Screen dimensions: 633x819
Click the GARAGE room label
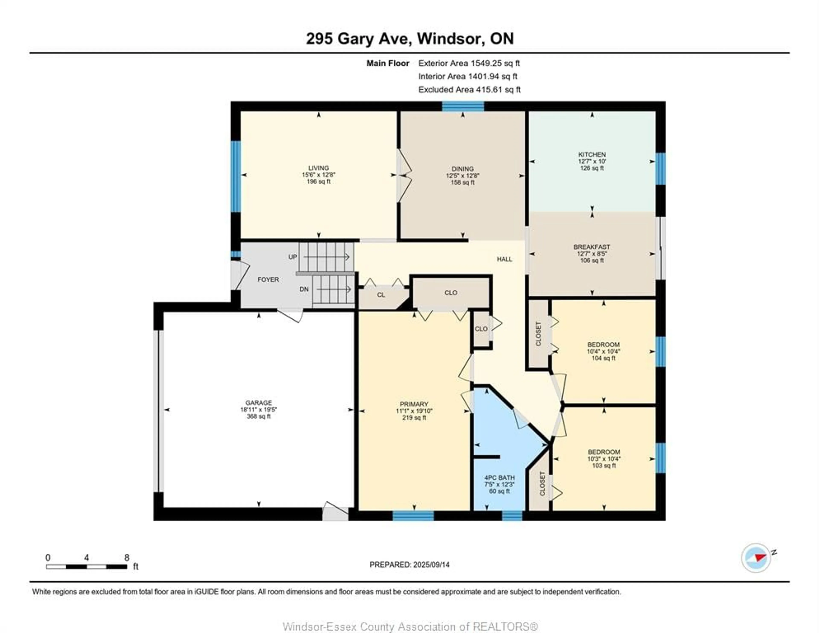[258, 403]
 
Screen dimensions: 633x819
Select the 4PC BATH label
[499, 478]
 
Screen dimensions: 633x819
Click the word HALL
[504, 259]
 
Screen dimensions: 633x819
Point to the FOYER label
[268, 279]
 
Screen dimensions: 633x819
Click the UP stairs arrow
[326, 257]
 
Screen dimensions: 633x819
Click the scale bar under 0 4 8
[87, 567]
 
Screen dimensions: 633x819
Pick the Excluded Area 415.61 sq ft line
[469, 90]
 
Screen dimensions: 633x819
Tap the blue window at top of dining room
[463, 106]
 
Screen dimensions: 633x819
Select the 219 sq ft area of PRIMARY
[414, 418]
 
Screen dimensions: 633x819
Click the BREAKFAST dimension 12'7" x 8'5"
[592, 254]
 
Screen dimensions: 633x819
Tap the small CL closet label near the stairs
[381, 295]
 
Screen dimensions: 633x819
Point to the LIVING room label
[318, 168]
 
